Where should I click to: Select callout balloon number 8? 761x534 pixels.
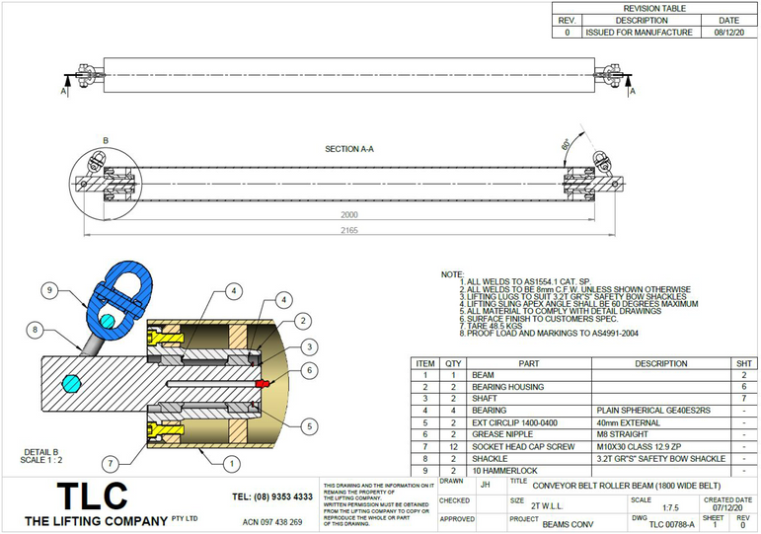point(35,329)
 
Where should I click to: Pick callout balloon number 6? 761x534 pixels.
point(308,370)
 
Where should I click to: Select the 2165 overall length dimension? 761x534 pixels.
point(343,231)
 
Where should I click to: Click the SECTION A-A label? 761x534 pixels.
point(349,149)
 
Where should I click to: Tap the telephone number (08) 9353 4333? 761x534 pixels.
point(272,496)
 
